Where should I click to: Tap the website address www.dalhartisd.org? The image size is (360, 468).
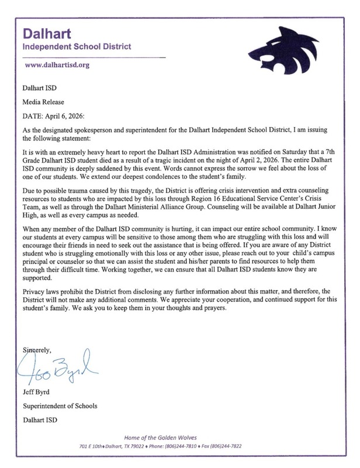coord(57,65)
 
